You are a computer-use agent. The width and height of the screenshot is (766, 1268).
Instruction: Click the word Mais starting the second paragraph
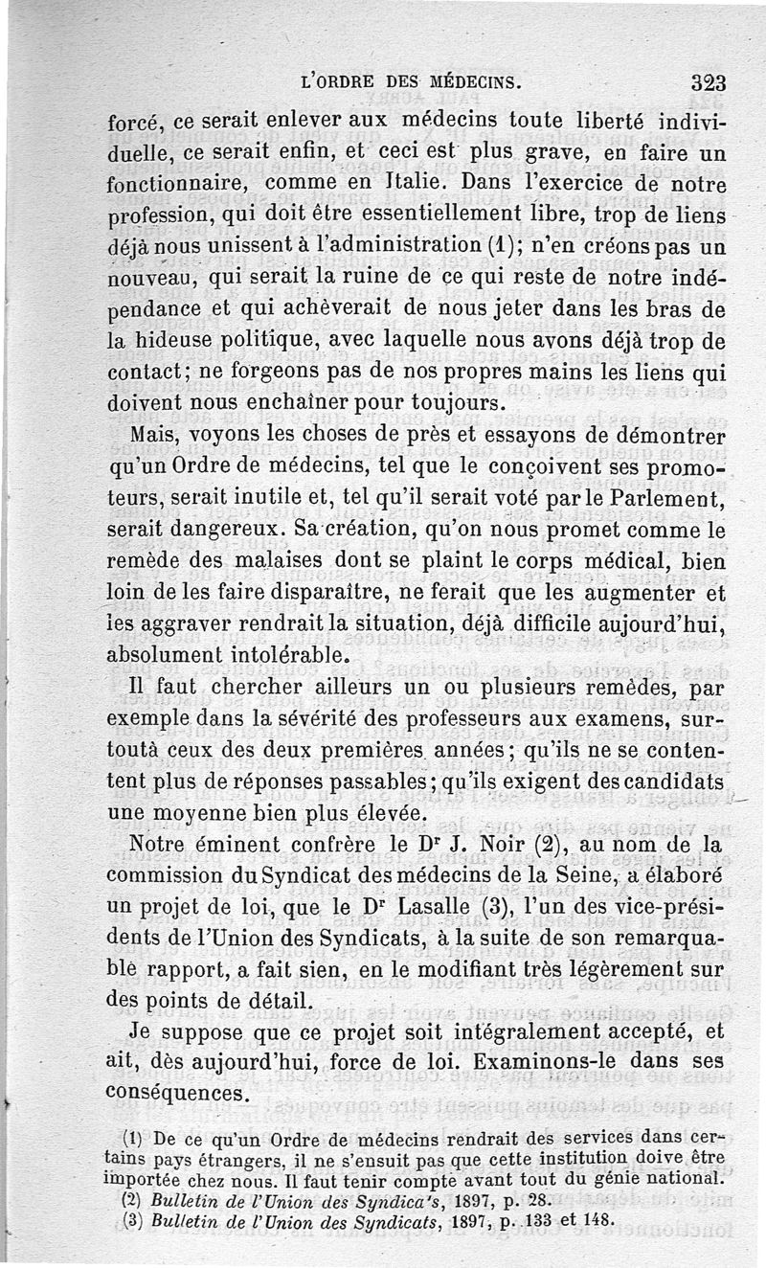(x=151, y=437)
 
